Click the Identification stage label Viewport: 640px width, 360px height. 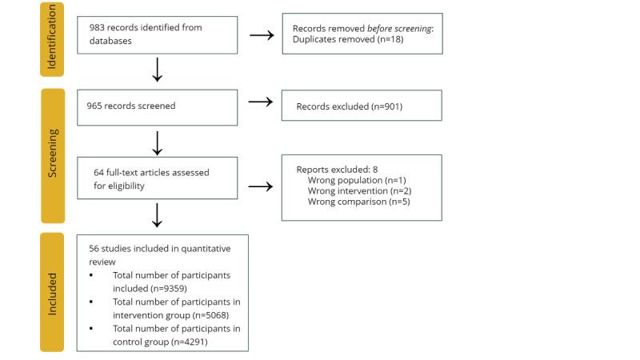(x=51, y=39)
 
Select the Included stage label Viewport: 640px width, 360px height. (x=51, y=292)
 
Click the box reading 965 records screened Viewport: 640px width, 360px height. (x=158, y=106)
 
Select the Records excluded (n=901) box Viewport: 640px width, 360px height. (x=362, y=106)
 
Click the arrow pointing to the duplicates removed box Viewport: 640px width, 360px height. (x=260, y=34)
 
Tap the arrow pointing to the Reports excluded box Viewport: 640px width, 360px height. (x=260, y=187)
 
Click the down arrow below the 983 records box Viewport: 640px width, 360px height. (x=158, y=70)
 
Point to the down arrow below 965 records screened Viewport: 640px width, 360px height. (x=158, y=142)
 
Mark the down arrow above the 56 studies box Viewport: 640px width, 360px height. (x=158, y=214)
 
